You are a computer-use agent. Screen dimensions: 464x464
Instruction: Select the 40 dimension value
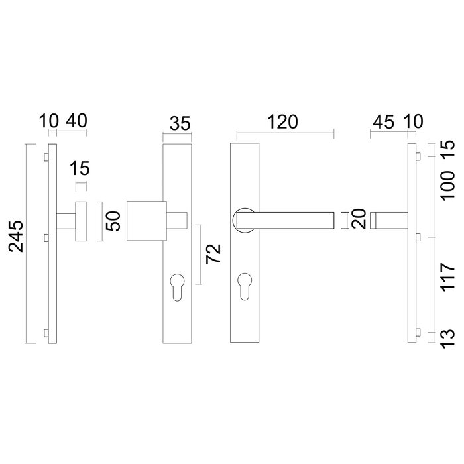[76, 122]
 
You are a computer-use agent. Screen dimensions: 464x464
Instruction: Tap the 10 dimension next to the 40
[48, 122]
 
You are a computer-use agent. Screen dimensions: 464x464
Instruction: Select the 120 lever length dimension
[284, 122]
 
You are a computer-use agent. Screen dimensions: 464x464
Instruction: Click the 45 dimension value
[383, 122]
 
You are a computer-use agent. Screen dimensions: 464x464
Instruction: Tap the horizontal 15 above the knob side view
[81, 168]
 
